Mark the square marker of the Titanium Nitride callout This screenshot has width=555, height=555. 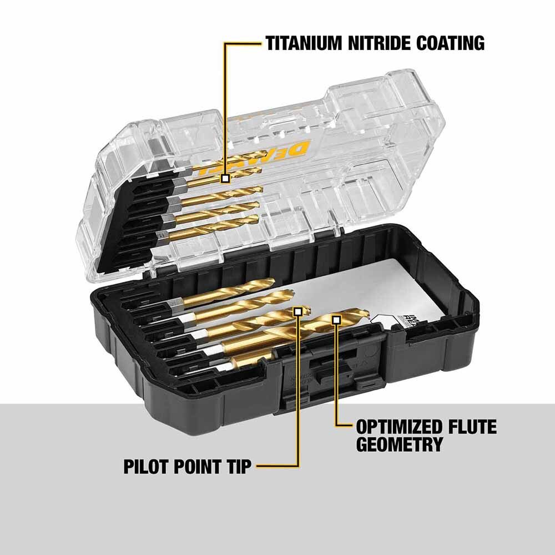pyautogui.click(x=225, y=179)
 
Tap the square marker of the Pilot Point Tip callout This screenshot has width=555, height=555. pyautogui.click(x=299, y=312)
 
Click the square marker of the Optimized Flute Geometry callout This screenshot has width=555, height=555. pyautogui.click(x=336, y=319)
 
